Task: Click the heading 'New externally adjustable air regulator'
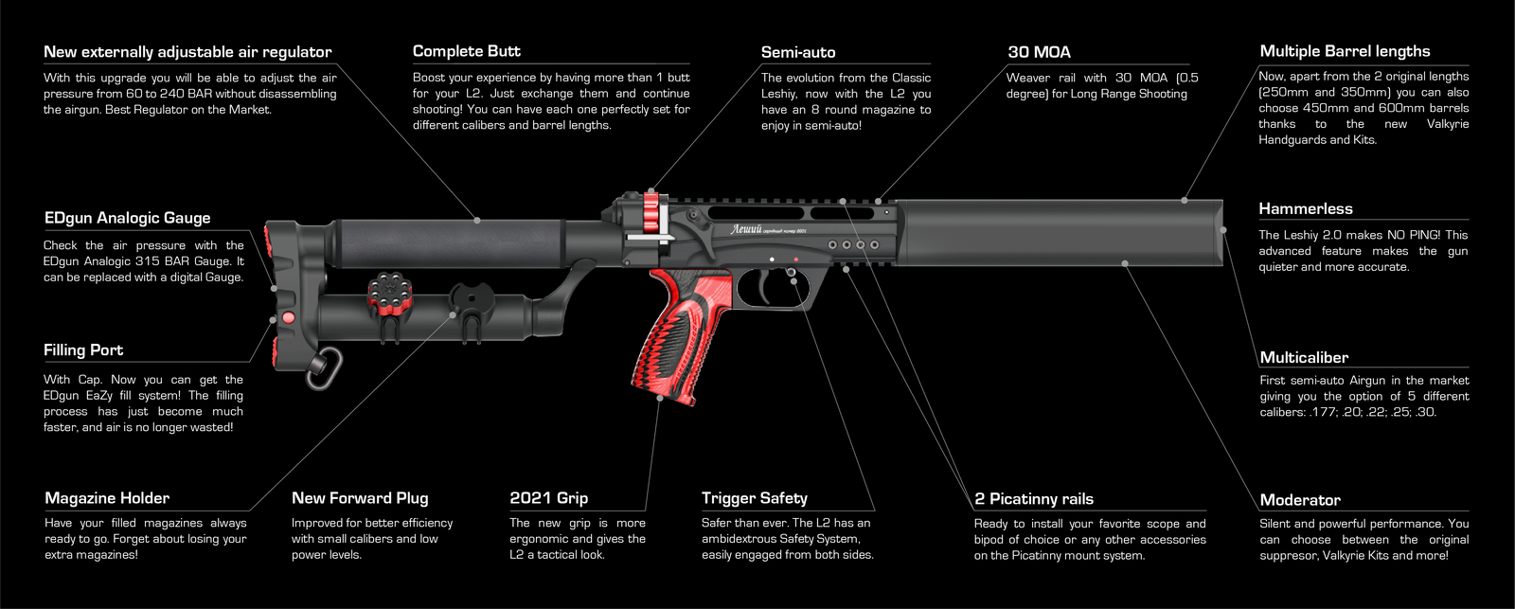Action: coord(187,52)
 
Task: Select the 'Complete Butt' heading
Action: coord(467,51)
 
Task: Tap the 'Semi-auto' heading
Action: coord(798,52)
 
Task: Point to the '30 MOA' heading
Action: coord(1039,52)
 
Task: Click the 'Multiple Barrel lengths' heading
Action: coord(1345,51)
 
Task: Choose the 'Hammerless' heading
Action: coord(1306,208)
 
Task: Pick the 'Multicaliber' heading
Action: coord(1304,357)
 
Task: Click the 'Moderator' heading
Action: coord(1300,499)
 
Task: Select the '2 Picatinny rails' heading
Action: coord(1034,498)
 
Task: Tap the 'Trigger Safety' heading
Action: coord(755,497)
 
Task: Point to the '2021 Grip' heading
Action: coord(549,497)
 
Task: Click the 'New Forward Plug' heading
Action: coord(360,497)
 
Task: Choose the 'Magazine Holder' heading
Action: coord(107,497)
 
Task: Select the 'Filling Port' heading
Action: coord(83,349)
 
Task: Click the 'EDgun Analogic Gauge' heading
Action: coord(128,218)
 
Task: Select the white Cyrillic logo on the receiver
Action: coord(747,229)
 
